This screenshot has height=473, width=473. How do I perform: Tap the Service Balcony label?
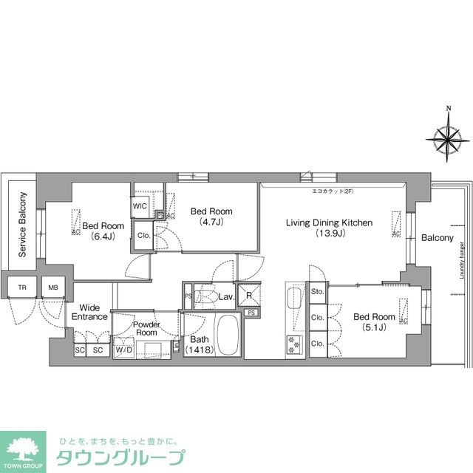point(22,225)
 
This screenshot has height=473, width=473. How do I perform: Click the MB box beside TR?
point(53,287)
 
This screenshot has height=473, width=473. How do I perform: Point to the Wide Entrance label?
point(90,312)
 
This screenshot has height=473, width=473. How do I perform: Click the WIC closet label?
point(140,206)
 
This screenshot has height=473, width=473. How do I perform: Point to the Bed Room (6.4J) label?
point(103,231)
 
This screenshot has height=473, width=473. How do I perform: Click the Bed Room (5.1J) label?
point(374,323)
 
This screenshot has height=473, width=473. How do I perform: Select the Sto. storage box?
point(318,292)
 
